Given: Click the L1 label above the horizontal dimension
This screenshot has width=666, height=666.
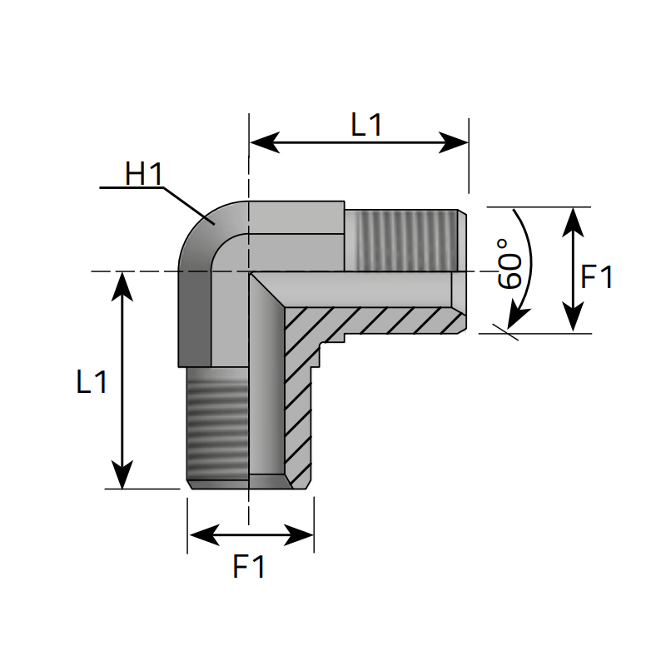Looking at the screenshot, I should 366,125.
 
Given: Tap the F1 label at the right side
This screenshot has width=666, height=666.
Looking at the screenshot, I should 596,277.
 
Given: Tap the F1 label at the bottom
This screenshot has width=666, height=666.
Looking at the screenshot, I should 249,567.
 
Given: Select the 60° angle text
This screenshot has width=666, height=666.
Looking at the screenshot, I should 509,263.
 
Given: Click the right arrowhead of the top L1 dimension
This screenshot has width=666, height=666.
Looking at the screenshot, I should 455,142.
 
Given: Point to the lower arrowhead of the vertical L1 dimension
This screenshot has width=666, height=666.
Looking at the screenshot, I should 123,475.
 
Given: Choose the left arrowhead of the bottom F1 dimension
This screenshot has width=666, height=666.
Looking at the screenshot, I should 201,534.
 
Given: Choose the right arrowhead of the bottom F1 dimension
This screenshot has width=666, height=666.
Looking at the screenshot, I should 301,534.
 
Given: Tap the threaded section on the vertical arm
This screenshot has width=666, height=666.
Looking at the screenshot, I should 216,425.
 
